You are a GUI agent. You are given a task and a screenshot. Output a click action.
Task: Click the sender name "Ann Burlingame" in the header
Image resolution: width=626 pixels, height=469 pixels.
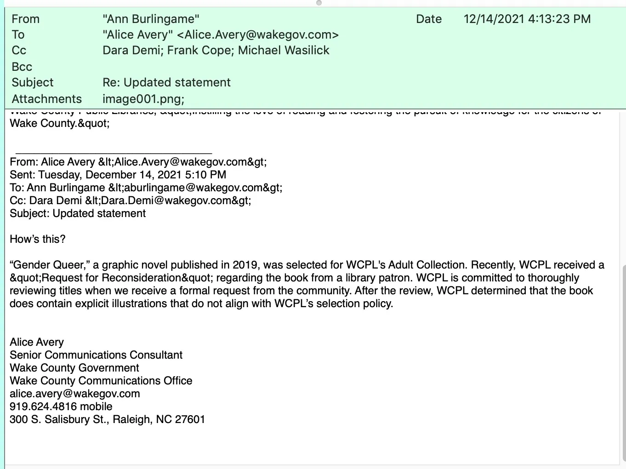tap(151, 19)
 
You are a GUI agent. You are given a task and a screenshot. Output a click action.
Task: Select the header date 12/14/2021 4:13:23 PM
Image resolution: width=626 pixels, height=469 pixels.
tap(527, 19)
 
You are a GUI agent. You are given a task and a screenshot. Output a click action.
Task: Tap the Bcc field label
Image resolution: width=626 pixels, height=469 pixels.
tap(22, 67)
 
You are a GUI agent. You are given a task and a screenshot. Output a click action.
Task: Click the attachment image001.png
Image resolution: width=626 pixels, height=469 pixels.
tap(143, 99)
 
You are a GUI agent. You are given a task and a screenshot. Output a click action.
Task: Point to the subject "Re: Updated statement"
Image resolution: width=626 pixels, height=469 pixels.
tap(166, 82)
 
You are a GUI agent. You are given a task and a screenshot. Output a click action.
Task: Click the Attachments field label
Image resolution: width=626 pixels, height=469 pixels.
tap(46, 99)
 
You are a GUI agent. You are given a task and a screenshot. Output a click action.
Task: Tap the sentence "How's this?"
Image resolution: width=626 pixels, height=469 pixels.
tap(38, 239)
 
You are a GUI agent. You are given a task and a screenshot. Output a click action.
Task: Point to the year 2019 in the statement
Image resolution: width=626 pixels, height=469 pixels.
tap(245, 265)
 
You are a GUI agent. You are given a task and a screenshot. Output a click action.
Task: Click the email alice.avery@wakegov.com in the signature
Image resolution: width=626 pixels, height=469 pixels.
tap(75, 394)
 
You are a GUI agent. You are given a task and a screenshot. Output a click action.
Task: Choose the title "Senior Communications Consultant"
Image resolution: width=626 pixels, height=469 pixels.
tap(96, 355)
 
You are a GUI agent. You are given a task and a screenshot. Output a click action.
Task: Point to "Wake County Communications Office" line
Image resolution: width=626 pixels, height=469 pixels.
tap(101, 381)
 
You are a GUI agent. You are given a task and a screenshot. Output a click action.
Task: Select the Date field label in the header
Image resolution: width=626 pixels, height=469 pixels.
tap(428, 19)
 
